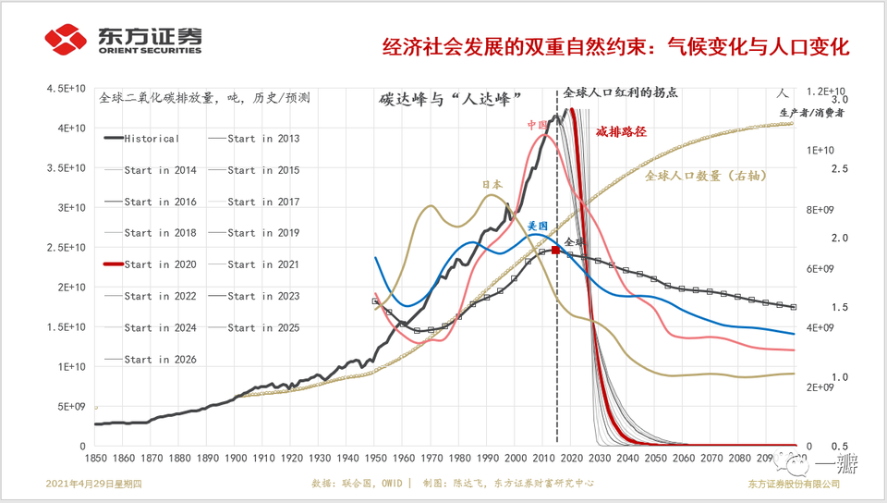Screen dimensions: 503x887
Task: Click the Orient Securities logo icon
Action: [x=66, y=41]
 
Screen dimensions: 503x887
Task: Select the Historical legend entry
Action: [x=152, y=139]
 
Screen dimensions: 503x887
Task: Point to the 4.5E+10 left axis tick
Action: [x=67, y=89]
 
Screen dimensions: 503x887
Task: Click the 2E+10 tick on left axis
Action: [x=71, y=288]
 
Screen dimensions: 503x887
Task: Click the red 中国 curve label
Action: [x=538, y=125]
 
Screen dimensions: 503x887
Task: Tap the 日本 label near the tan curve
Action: [x=492, y=185]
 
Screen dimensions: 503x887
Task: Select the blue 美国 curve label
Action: [x=538, y=226]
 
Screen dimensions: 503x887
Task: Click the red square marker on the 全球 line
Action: [x=555, y=251]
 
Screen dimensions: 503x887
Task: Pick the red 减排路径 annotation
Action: [x=621, y=132]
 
